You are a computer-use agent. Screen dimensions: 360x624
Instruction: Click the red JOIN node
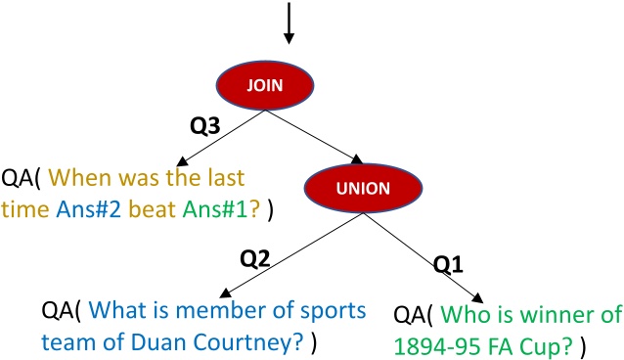(x=289, y=85)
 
